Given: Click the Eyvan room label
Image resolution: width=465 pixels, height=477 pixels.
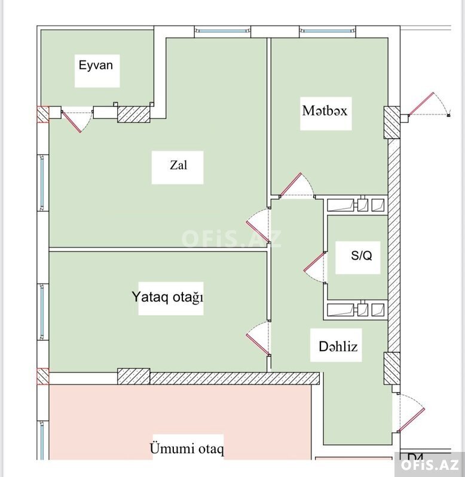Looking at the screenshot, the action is point(96,66).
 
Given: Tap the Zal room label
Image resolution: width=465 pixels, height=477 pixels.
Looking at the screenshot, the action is point(179,165).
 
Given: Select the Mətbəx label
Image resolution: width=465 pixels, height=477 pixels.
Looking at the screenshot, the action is point(325,110).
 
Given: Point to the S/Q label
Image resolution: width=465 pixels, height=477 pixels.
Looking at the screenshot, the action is point(362,256).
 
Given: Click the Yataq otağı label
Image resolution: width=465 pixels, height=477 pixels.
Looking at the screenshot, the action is point(167,297).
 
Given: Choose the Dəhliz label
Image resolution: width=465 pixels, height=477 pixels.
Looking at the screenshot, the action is point(338,346).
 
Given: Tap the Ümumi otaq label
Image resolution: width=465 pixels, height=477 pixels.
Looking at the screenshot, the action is point(187,449).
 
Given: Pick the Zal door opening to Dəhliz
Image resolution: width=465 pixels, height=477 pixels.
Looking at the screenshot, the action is point(258,225).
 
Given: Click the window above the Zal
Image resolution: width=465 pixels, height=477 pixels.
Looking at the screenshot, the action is point(222,30).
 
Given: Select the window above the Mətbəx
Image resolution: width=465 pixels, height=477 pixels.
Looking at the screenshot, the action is point(328,30).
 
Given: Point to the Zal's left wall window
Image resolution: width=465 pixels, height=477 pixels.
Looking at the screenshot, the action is point(42,183).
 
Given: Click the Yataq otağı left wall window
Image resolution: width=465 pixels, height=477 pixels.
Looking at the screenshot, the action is point(42,312).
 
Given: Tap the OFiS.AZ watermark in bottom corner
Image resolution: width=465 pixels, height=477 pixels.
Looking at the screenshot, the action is point(430,464).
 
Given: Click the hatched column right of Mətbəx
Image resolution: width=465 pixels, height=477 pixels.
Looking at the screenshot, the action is point(391,122).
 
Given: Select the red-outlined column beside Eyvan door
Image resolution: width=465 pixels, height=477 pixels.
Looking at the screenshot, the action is point(43,115).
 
